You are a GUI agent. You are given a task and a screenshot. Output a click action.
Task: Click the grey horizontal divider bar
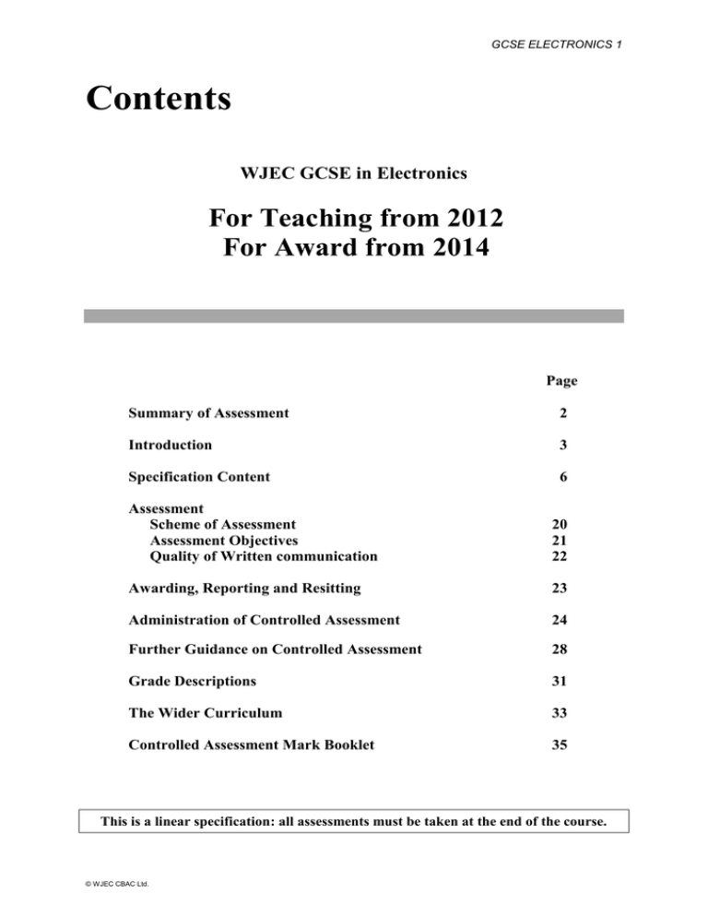point(354,316)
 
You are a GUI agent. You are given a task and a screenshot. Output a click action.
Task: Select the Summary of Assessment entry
point(208,412)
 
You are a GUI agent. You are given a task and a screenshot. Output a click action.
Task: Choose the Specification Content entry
point(200,477)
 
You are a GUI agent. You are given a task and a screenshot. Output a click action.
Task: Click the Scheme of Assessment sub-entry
point(222,523)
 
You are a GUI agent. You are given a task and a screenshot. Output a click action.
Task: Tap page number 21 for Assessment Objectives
point(559,540)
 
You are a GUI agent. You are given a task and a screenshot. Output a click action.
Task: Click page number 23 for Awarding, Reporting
point(559,589)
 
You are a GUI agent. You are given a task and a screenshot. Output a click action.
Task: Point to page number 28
point(559,649)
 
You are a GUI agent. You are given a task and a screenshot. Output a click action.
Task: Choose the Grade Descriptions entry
point(193,681)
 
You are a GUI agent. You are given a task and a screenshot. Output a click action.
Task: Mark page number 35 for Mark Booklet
point(559,744)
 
